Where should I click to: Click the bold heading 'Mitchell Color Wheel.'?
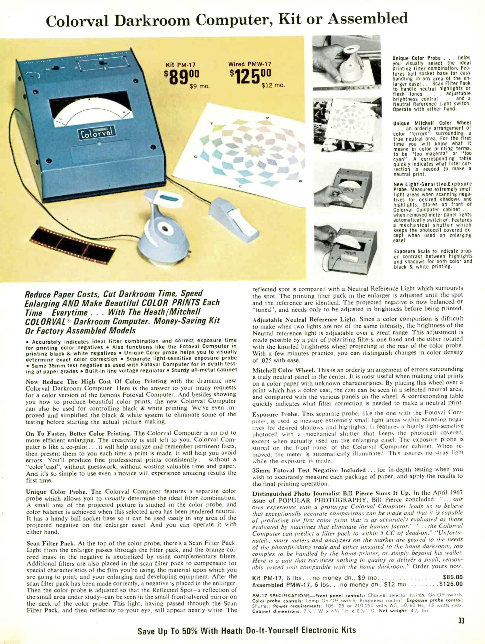tap(284, 370)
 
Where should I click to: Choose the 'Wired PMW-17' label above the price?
tap(250, 64)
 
